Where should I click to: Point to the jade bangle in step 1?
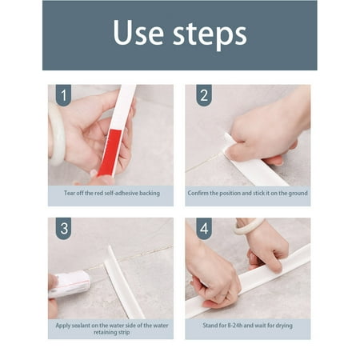click(56, 133)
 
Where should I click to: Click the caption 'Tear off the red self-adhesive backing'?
click(110, 194)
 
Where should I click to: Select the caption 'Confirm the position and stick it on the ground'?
click(248, 194)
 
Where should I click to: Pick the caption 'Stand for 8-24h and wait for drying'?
click(248, 324)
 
